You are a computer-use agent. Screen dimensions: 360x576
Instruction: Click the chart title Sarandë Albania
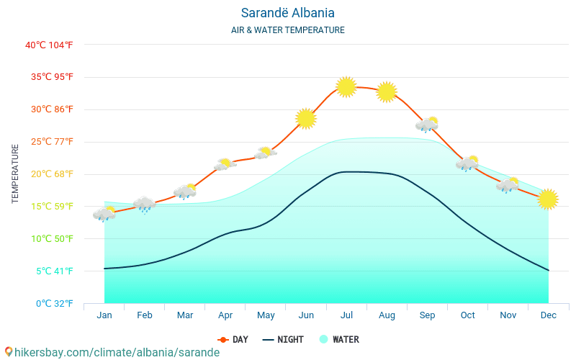coord(288,13)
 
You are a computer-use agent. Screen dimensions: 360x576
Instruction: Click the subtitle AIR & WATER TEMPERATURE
coord(288,30)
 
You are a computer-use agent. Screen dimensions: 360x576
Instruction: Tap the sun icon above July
coord(346,87)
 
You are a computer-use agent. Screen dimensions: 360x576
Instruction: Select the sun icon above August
coord(387,92)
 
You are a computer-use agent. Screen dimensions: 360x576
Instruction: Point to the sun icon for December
coord(548,199)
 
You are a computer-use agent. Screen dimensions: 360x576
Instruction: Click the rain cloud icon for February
coord(145,204)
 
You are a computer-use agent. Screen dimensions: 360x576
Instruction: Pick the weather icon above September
coord(427,125)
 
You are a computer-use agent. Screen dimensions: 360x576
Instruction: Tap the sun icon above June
coord(306,118)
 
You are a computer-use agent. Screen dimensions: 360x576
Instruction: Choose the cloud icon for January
coord(104,214)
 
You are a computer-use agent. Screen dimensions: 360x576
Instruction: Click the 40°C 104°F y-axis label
coord(49,45)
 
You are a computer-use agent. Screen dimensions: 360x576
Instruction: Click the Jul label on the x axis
coord(346,315)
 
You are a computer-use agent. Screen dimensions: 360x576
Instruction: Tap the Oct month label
coord(467,315)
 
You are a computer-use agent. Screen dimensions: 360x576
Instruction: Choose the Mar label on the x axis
coord(185,315)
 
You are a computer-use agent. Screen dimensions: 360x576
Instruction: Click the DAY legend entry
coord(233,340)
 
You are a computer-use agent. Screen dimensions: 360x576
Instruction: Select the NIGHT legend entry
coord(283,340)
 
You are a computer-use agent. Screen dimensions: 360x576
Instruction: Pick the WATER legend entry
coord(339,340)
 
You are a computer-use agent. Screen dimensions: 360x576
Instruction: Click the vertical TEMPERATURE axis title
coord(16,174)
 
